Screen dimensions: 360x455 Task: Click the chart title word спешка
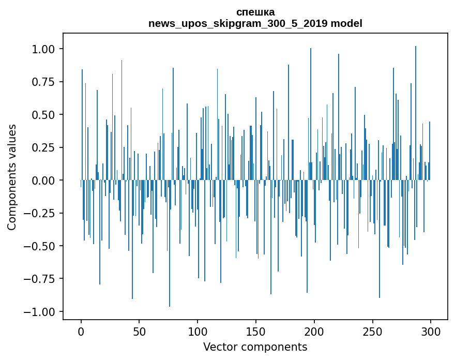click(x=255, y=12)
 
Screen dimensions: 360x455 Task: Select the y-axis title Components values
click(x=12, y=177)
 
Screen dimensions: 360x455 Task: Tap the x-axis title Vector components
click(x=255, y=347)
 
